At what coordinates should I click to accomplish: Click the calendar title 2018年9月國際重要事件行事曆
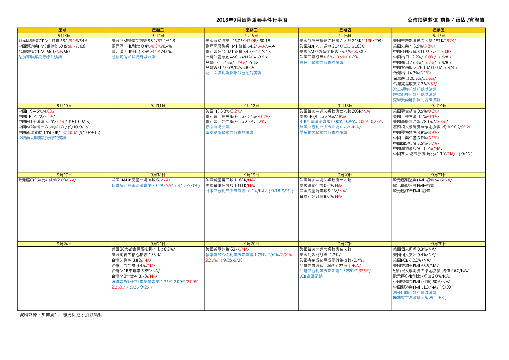click(x=251, y=20)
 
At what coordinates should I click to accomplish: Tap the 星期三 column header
click(x=251, y=30)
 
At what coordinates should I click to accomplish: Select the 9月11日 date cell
click(x=158, y=106)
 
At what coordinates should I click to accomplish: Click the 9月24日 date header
click(x=64, y=244)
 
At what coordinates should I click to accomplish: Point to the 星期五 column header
click(x=439, y=30)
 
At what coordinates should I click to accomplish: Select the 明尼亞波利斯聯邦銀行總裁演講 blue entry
click(x=233, y=73)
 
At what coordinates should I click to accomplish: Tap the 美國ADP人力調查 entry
click(x=332, y=46)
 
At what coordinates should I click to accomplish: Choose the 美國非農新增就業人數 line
click(x=424, y=41)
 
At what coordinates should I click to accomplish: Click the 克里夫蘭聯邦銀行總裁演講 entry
click(x=417, y=100)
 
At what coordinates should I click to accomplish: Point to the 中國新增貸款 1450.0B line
click(x=59, y=132)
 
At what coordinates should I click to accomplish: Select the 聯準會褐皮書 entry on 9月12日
click(x=217, y=127)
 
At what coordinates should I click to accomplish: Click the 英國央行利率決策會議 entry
click(x=330, y=127)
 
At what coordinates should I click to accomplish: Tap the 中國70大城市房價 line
click(x=433, y=154)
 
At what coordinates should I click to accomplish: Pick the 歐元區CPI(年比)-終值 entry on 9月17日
click(x=47, y=180)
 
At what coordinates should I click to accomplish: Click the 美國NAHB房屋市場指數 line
click(x=141, y=180)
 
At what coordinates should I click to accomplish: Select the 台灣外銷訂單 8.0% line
click(x=321, y=196)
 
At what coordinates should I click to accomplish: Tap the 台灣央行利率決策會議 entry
click(x=335, y=271)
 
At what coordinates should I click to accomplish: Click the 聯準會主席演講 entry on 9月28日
click(x=420, y=298)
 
